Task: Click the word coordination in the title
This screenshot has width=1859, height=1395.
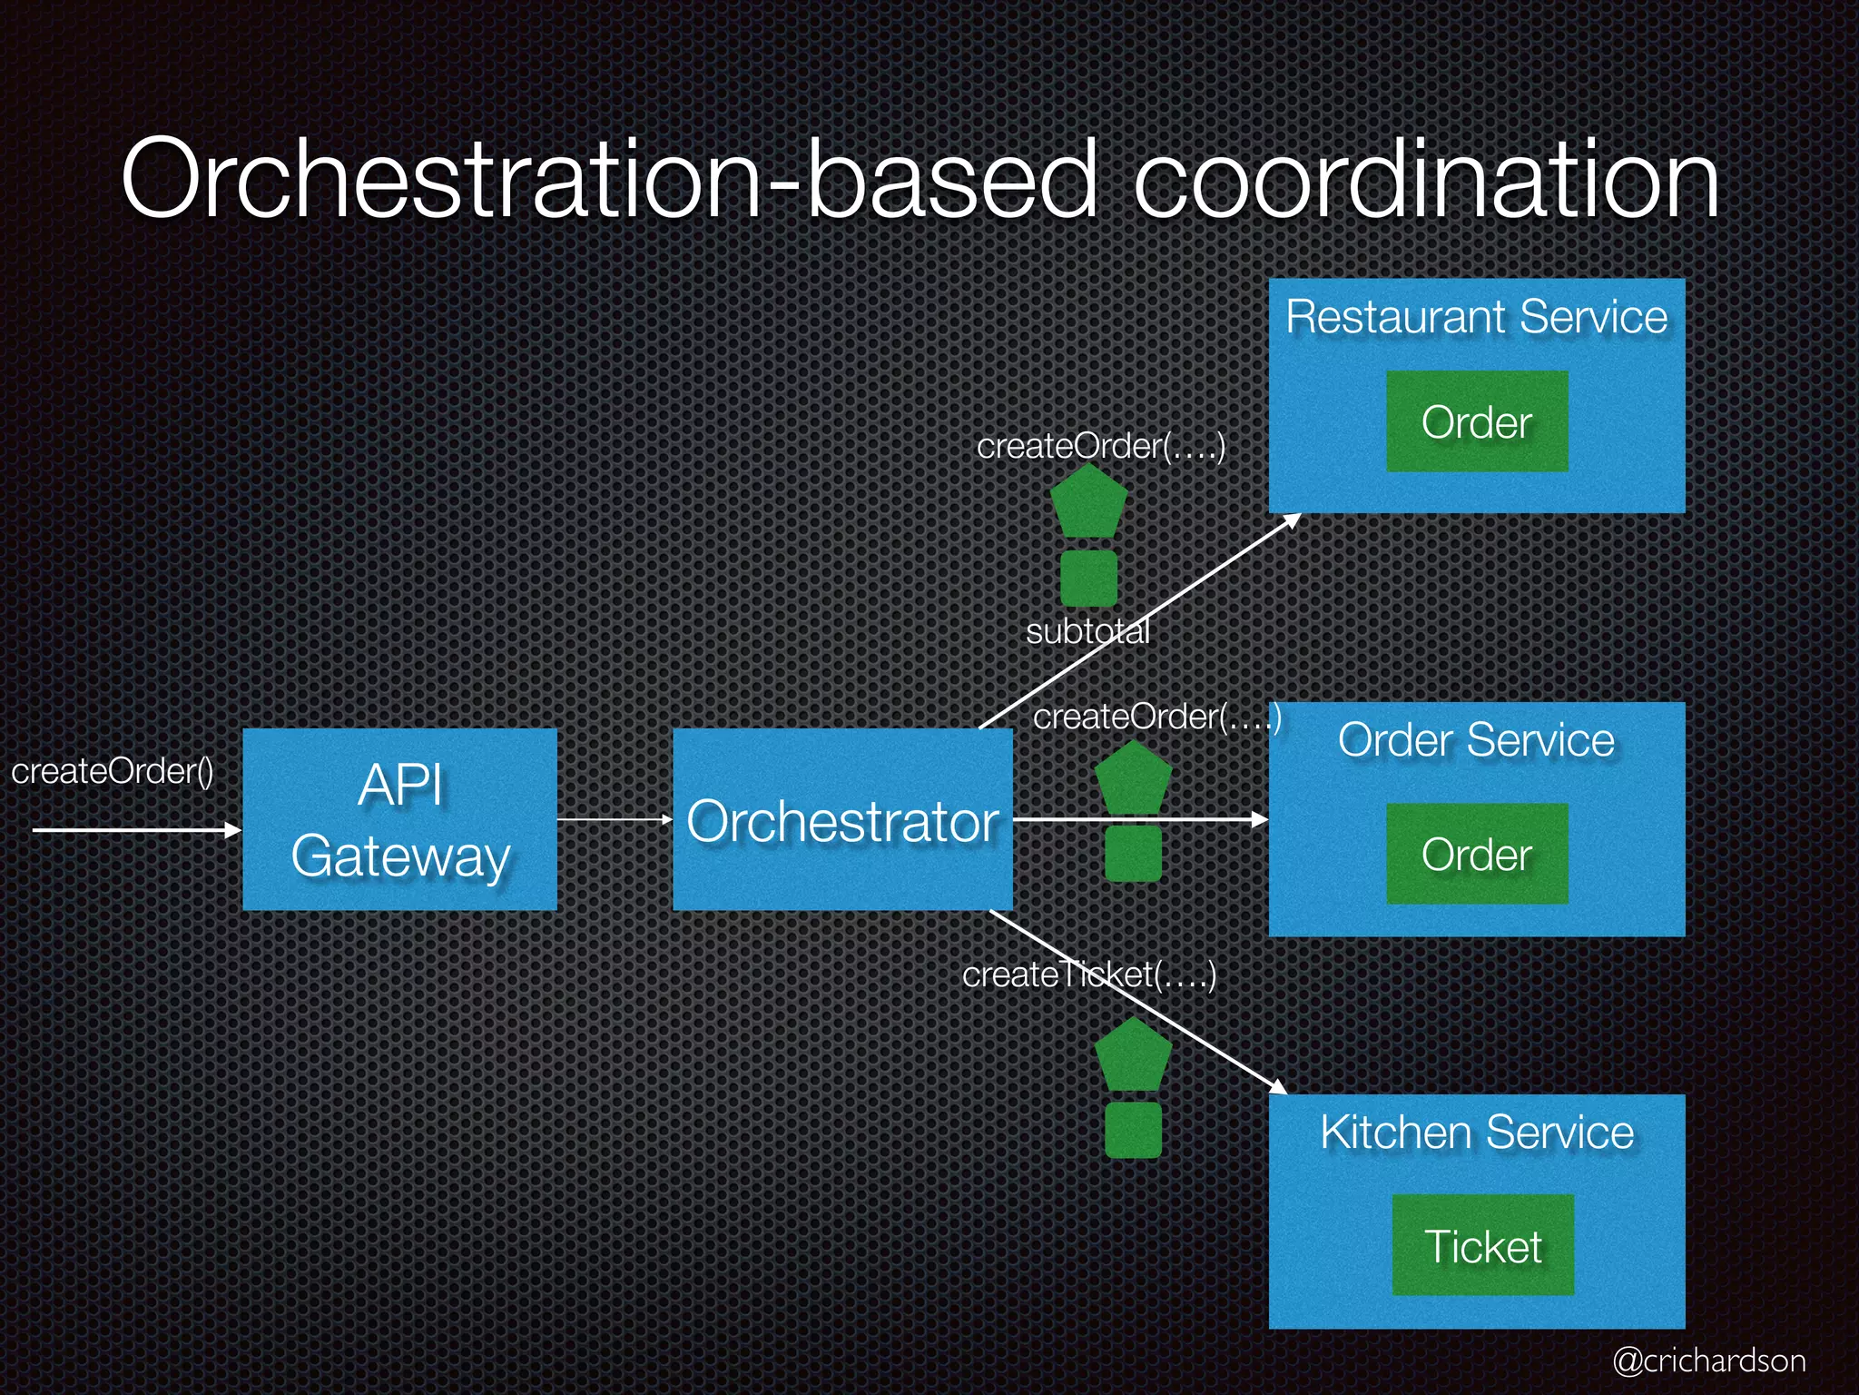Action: [1425, 180]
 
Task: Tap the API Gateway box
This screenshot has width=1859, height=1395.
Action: [399, 819]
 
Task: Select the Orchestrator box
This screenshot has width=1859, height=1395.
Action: [842, 819]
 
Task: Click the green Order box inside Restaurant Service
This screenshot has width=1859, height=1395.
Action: [1477, 421]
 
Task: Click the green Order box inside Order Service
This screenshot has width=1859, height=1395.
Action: [1477, 854]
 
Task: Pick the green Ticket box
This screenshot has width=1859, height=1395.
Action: [1482, 1245]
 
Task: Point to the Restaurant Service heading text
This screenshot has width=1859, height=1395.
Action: [1477, 317]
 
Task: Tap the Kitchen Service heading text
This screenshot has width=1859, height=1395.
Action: [1477, 1133]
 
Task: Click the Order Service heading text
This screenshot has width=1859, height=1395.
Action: [1477, 740]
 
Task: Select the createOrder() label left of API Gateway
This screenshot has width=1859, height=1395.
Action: [113, 771]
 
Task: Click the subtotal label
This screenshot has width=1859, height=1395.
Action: [1087, 631]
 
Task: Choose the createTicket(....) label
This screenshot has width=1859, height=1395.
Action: [1088, 975]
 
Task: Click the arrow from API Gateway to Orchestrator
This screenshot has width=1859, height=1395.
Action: [614, 819]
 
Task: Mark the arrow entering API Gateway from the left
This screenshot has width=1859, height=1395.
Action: [136, 829]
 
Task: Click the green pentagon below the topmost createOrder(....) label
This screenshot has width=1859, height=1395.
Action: [1088, 502]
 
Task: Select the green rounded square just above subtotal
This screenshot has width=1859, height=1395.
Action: [1088, 578]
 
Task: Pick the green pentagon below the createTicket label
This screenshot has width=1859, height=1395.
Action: [1133, 1055]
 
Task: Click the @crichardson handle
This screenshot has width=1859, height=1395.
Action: [1709, 1360]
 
